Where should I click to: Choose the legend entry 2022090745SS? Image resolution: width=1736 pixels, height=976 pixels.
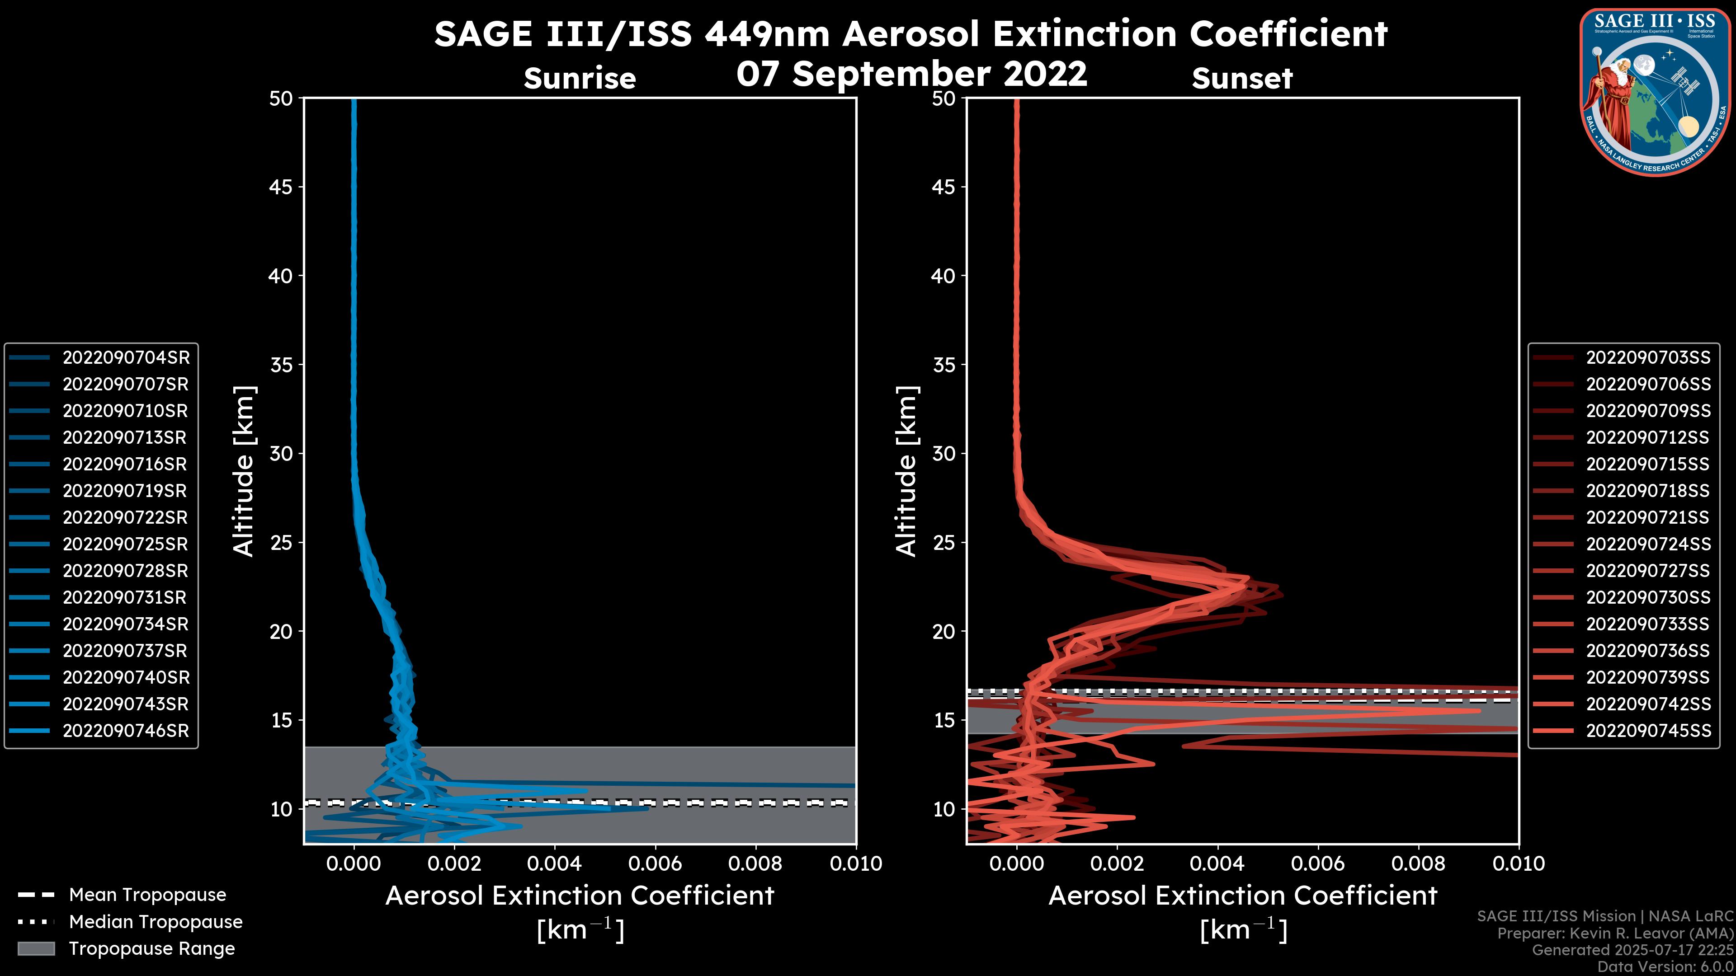point(1648,731)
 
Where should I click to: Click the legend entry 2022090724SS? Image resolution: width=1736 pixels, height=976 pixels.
point(1648,544)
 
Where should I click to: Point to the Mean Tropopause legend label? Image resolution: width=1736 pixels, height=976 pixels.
point(147,895)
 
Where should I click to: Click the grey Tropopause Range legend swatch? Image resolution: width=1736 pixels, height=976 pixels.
point(36,948)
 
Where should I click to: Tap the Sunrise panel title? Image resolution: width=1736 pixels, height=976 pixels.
point(580,79)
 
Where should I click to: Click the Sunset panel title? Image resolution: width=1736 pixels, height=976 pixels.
point(1242,79)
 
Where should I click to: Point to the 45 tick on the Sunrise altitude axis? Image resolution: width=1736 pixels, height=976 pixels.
point(281,187)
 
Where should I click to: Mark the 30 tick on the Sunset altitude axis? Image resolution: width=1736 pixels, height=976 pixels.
point(944,453)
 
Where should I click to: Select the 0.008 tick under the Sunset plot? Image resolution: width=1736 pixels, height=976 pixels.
point(1419,863)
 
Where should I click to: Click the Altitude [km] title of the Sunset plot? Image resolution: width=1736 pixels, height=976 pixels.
point(906,471)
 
